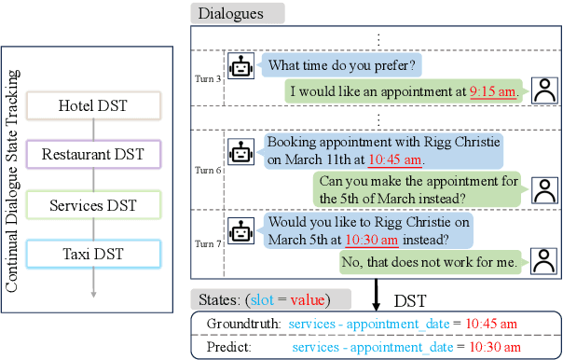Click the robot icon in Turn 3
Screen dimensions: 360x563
(241, 67)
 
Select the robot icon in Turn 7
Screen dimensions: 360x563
(241, 229)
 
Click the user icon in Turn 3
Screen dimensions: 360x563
(542, 91)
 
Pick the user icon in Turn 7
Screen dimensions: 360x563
(542, 261)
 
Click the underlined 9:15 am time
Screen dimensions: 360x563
(492, 91)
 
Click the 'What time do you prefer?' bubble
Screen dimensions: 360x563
(342, 67)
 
